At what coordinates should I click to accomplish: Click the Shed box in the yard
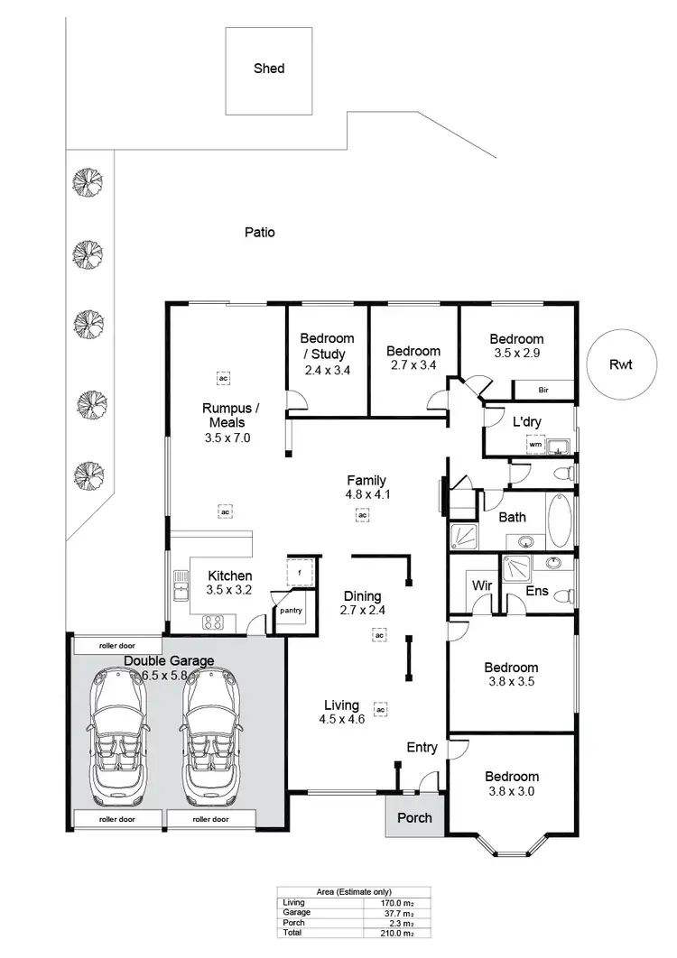pyautogui.click(x=269, y=70)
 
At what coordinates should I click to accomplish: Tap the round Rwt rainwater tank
pyautogui.click(x=619, y=364)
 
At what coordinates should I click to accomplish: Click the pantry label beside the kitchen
pyautogui.click(x=291, y=611)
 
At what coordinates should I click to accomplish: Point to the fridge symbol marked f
pyautogui.click(x=299, y=574)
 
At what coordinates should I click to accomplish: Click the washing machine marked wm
pyautogui.click(x=535, y=445)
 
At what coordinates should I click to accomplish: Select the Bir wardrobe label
pyautogui.click(x=543, y=391)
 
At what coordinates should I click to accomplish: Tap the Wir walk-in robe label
pyautogui.click(x=481, y=585)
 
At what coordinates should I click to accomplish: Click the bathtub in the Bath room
pyautogui.click(x=561, y=520)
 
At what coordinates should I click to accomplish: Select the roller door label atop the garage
pyautogui.click(x=118, y=646)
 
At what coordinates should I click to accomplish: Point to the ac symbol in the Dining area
pyautogui.click(x=380, y=636)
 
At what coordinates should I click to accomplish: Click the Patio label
pyautogui.click(x=260, y=233)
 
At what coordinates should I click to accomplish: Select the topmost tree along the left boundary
pyautogui.click(x=87, y=180)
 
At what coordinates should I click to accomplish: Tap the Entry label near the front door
pyautogui.click(x=422, y=747)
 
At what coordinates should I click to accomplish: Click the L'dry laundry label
pyautogui.click(x=527, y=422)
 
